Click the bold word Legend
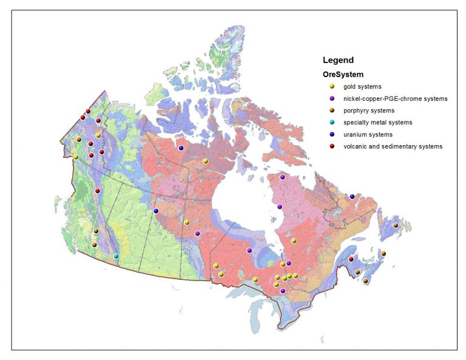[x=338, y=60]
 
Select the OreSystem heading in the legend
[x=343, y=75]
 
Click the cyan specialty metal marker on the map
[x=116, y=256]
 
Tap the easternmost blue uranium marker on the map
[x=352, y=197]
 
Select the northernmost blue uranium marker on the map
[x=181, y=148]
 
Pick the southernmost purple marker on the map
[x=283, y=291]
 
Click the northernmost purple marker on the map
[x=282, y=177]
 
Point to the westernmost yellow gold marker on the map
[x=76, y=157]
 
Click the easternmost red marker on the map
[x=351, y=260]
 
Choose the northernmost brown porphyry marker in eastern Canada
[x=396, y=225]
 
